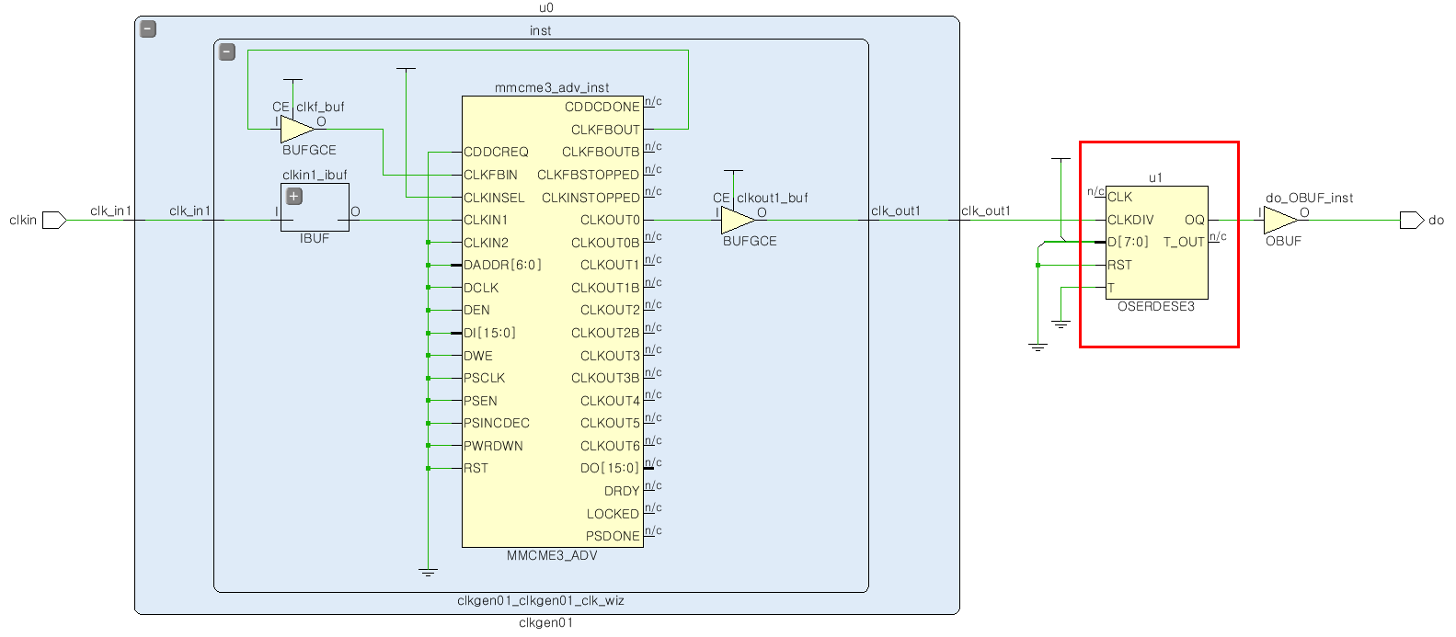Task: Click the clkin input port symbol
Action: click(x=54, y=220)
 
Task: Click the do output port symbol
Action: click(x=1411, y=220)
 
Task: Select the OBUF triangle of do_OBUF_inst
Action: click(x=1278, y=220)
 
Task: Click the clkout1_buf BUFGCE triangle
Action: click(x=736, y=220)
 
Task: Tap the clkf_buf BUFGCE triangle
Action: click(x=296, y=129)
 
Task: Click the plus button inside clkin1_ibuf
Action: click(x=294, y=196)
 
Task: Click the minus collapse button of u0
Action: click(x=148, y=29)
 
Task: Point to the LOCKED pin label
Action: click(x=613, y=514)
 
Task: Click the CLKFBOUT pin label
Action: click(x=605, y=130)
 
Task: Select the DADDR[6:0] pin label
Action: click(x=502, y=265)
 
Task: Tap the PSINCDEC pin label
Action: click(x=497, y=423)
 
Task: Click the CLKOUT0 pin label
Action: click(x=610, y=220)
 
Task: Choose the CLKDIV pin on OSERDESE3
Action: click(x=1130, y=220)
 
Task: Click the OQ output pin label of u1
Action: click(x=1194, y=220)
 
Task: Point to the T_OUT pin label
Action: click(x=1184, y=242)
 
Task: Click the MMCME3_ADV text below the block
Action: click(x=552, y=555)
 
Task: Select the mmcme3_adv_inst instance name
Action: click(x=552, y=87)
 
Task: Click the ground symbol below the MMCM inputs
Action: click(x=428, y=572)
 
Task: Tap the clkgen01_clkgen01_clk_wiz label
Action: click(x=541, y=600)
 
